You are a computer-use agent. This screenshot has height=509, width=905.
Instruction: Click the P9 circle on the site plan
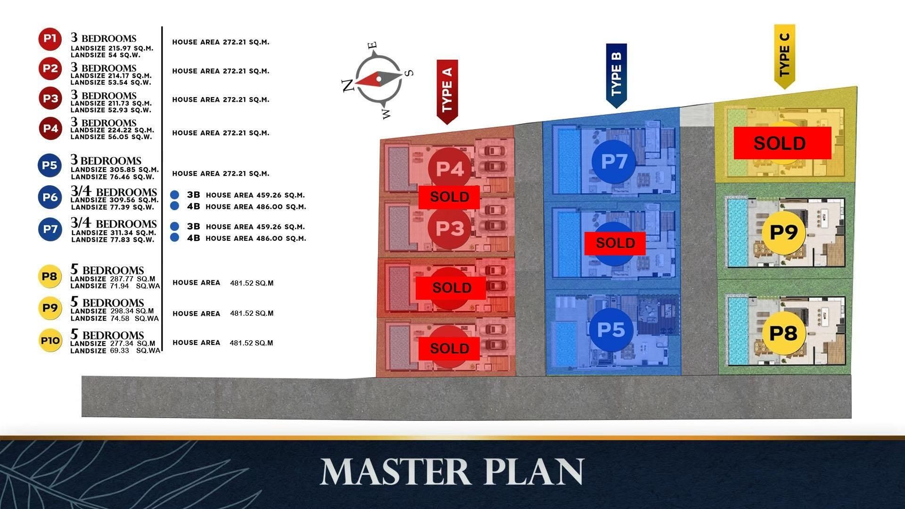click(783, 232)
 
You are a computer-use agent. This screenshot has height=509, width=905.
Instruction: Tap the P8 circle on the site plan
click(783, 333)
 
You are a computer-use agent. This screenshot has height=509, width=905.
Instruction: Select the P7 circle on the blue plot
click(614, 162)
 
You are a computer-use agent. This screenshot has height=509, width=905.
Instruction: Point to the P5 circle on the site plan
click(611, 329)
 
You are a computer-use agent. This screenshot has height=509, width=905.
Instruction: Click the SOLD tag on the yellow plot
click(782, 143)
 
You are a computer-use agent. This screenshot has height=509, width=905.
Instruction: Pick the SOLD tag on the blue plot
click(615, 243)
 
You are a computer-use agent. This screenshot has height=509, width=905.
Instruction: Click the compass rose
click(378, 80)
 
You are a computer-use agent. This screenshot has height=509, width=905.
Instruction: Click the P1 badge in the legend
click(50, 39)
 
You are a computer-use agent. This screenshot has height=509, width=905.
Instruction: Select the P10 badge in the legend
click(50, 341)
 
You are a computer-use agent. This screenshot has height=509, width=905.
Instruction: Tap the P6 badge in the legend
click(50, 197)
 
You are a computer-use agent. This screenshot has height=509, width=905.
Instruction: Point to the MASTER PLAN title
click(452, 471)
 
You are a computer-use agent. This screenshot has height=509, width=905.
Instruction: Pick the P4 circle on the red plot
click(450, 169)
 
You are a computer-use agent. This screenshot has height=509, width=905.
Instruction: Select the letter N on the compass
click(348, 85)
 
